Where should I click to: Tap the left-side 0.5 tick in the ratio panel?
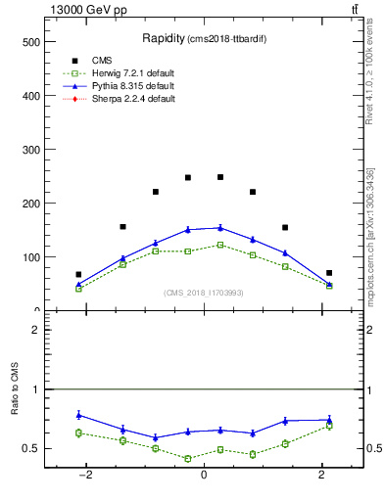31,449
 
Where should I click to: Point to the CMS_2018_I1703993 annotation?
203,293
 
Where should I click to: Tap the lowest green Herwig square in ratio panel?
187,458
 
